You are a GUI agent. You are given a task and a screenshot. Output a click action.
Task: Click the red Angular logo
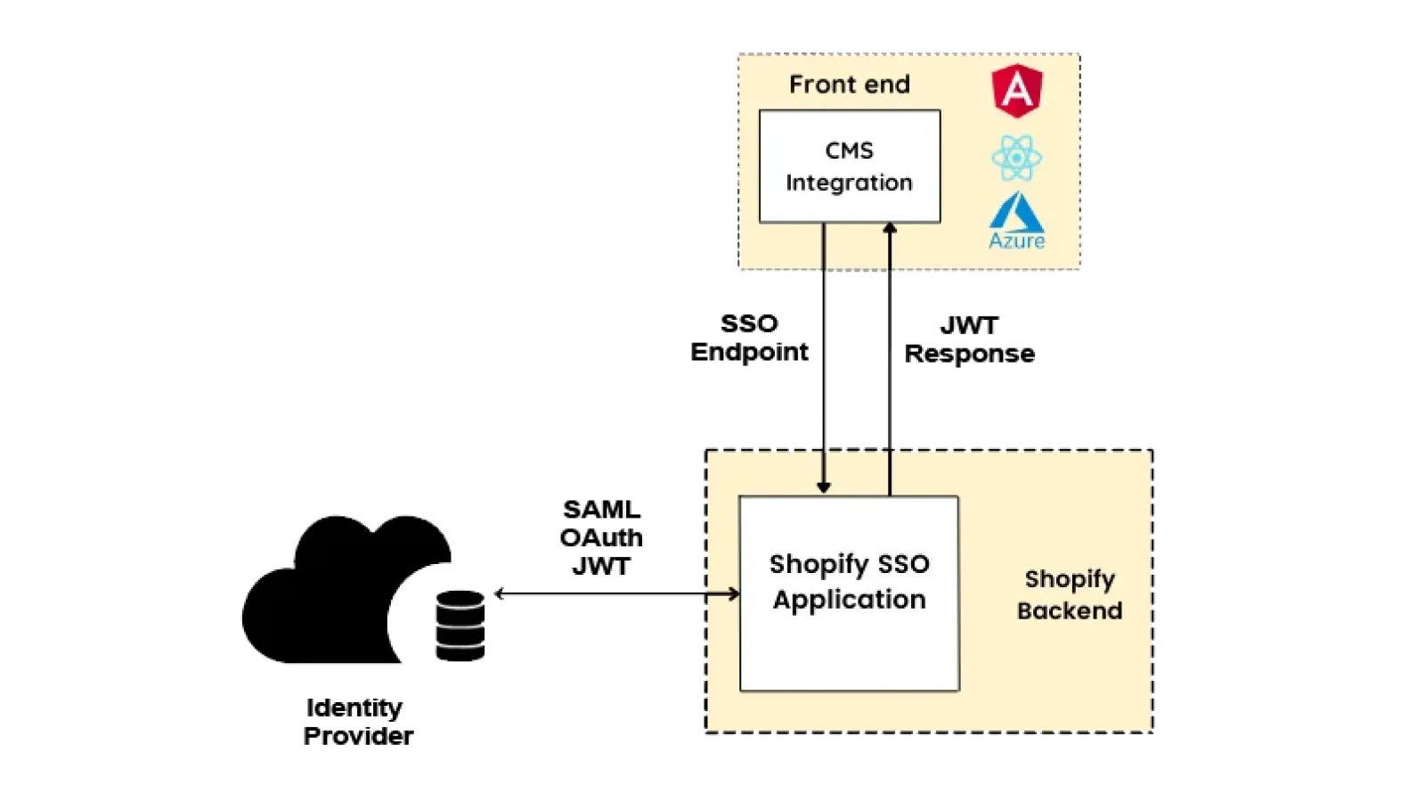pos(1016,90)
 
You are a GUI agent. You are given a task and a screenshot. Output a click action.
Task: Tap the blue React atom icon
pos(1016,158)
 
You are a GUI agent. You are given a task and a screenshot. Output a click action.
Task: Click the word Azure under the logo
pos(1016,241)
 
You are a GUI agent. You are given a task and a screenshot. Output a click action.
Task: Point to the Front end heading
pos(849,85)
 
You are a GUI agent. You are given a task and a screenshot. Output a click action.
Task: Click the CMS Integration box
pos(849,167)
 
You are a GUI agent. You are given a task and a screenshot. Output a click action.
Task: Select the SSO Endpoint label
pos(749,338)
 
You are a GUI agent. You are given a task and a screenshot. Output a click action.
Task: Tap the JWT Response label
pos(969,340)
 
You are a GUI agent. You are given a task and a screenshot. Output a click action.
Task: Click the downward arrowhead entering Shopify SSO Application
pos(824,487)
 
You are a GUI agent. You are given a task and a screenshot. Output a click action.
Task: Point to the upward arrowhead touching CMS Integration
pos(889,229)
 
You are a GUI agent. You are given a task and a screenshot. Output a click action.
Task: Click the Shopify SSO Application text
pos(849,582)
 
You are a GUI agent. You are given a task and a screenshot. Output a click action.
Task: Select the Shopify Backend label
pos(1069,595)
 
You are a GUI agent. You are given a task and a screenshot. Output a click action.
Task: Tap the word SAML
pos(601,510)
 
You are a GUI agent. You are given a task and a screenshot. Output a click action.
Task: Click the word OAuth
pos(601,538)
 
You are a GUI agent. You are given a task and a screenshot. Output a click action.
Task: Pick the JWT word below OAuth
pos(601,567)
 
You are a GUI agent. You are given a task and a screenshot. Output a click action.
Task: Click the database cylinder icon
pos(460,626)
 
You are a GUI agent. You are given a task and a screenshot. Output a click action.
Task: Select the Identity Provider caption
pos(357,722)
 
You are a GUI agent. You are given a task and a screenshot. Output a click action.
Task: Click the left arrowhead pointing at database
pos(500,593)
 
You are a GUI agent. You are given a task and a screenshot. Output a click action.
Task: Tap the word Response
pos(969,354)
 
